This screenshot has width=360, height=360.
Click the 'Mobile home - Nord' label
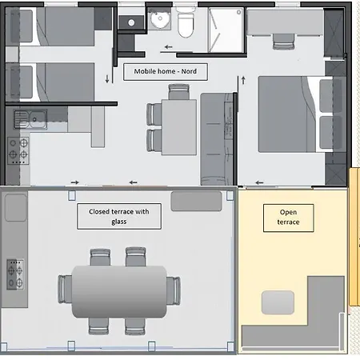pos(166,71)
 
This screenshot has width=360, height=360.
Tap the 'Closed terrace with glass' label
pos(119,217)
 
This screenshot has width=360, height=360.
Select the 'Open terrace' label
pos(288,217)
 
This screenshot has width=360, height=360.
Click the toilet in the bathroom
pos(186,22)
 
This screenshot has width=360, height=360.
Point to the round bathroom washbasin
pos(159,19)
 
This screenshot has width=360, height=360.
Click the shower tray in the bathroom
pos(226,30)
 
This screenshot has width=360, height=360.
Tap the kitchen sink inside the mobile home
pos(30,119)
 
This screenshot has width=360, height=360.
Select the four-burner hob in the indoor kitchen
pos(18,150)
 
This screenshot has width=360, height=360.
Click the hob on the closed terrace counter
pos(15,274)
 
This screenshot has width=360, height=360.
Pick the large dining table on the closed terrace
pos(119,291)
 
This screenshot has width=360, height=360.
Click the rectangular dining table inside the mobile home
pos(179,127)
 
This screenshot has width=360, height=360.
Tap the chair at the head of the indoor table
pos(179,92)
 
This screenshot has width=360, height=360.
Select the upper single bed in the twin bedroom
pos(50,26)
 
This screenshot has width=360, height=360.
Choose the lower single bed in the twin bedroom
pos(50,82)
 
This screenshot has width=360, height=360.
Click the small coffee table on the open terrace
pos(278,302)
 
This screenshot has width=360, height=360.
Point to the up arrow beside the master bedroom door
pos(243,80)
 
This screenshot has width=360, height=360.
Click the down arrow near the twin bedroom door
pos(107,79)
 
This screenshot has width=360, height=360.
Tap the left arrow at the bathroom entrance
pos(168,47)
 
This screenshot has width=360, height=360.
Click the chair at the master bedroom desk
pos(284,42)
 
